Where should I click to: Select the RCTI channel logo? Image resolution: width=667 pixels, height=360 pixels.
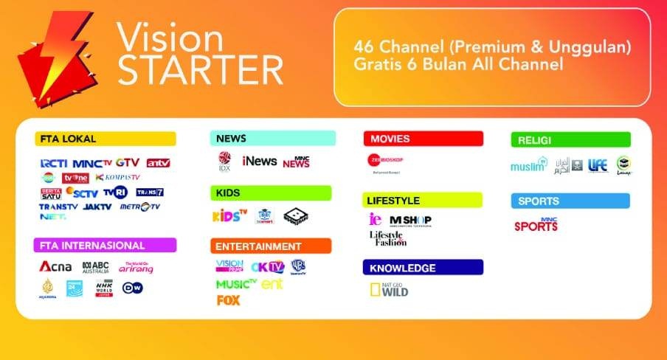55,163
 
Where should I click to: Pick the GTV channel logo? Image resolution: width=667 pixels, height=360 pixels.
128,163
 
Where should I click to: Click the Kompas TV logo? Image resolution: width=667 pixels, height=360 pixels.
118,178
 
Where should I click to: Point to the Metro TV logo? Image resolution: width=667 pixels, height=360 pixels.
139,207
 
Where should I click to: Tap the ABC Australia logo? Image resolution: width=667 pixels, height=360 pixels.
95,267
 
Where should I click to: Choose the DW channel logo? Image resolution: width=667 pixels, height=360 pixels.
133,288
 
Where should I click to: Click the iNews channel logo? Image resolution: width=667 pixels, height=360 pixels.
259,161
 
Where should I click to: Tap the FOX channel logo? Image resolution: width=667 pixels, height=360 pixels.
228,300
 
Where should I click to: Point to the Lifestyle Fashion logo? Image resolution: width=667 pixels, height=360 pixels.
388,238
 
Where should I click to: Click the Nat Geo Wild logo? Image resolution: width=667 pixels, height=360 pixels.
389,290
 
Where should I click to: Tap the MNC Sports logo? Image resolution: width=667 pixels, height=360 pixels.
536,224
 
